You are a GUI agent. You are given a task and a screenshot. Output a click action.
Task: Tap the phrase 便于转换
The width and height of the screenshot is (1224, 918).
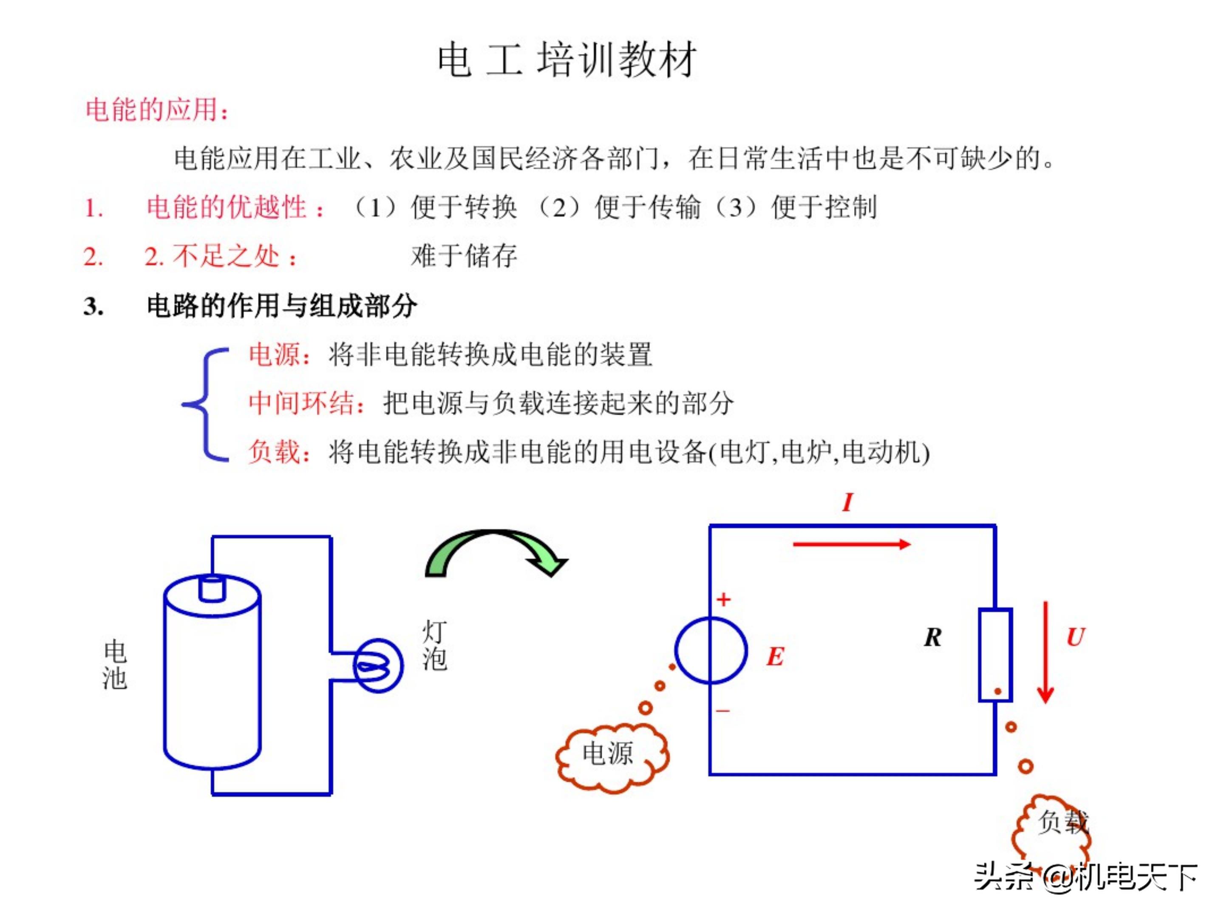[x=464, y=207]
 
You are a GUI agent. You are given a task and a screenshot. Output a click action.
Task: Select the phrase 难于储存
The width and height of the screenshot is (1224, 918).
[x=464, y=256]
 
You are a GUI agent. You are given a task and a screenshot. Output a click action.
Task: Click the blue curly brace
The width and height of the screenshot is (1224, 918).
[x=206, y=404]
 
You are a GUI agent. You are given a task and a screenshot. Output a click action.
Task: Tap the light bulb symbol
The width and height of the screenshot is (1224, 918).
[x=378, y=666]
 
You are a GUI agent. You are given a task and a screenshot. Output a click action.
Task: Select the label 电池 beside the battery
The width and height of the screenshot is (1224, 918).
[x=115, y=665]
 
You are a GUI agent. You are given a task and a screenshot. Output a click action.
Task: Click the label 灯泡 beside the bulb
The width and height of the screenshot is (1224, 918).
[x=434, y=646]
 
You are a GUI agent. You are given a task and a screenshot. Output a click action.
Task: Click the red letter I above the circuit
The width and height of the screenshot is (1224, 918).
[x=847, y=502]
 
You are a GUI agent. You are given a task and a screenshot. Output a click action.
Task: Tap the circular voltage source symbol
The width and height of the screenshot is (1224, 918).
[x=711, y=651]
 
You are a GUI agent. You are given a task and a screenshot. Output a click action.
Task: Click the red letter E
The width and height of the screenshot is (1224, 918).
[x=775, y=657]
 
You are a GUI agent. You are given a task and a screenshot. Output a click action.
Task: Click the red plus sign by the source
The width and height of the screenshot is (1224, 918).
[x=724, y=599]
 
